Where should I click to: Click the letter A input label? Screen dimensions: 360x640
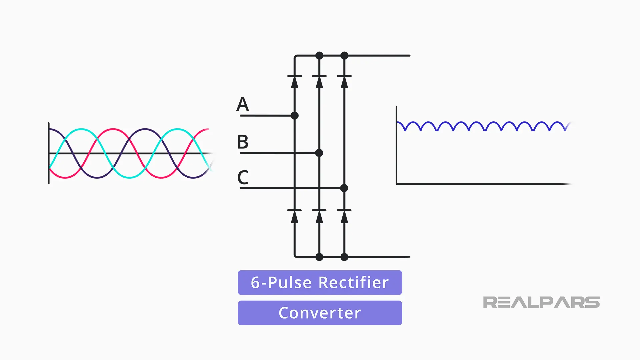pyautogui.click(x=243, y=104)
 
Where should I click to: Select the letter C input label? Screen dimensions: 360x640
pyautogui.click(x=243, y=177)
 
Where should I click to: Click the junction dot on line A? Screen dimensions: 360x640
pyautogui.click(x=294, y=116)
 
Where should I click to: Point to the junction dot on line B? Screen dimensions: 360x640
pyautogui.click(x=319, y=153)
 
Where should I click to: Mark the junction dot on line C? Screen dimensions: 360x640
pyautogui.click(x=344, y=188)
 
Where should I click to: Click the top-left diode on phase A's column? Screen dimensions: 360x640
pyautogui.click(x=294, y=81)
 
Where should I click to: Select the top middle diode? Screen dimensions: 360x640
pyautogui.click(x=319, y=81)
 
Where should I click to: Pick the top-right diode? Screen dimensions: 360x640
pyautogui.click(x=344, y=81)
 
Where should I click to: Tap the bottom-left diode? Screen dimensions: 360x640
pyautogui.click(x=294, y=216)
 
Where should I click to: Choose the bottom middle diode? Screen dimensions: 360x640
pyautogui.click(x=319, y=216)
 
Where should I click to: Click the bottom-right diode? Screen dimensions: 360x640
pyautogui.click(x=344, y=216)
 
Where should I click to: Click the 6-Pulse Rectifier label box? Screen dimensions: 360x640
pyautogui.click(x=320, y=282)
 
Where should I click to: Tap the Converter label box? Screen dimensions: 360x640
pyautogui.click(x=320, y=313)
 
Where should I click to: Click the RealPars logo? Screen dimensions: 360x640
pyautogui.click(x=541, y=302)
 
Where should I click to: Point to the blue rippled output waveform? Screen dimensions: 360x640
pyautogui.click(x=483, y=126)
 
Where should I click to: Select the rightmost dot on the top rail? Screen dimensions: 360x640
pyautogui.click(x=344, y=55)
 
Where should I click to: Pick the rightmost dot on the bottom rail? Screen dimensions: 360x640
pyautogui.click(x=344, y=257)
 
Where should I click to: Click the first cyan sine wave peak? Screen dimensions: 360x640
pyautogui.click(x=81, y=129)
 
